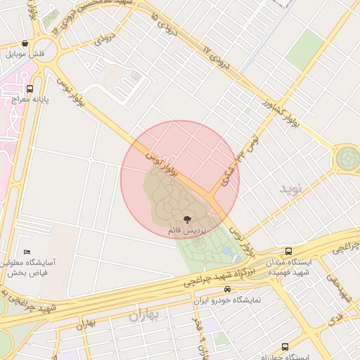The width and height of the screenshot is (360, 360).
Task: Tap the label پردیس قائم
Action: pos(186,231)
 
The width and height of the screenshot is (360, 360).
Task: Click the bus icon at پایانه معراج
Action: pos(30,89)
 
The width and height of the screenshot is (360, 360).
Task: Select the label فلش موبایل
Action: pos(25,53)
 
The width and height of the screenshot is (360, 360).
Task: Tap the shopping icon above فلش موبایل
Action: pos(25,43)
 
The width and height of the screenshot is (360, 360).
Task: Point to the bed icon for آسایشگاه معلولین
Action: pos(27,252)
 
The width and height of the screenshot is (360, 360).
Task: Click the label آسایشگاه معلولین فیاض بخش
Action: pos(30,267)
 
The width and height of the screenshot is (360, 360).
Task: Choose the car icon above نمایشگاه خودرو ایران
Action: pos(226,289)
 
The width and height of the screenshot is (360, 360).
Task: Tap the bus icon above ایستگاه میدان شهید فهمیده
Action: pos(288,251)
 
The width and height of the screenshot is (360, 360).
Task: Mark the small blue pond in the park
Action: pos(228,250)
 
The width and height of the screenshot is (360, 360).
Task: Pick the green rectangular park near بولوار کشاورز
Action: pos(304,49)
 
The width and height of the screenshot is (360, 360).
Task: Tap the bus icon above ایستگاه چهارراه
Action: pos(285,347)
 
